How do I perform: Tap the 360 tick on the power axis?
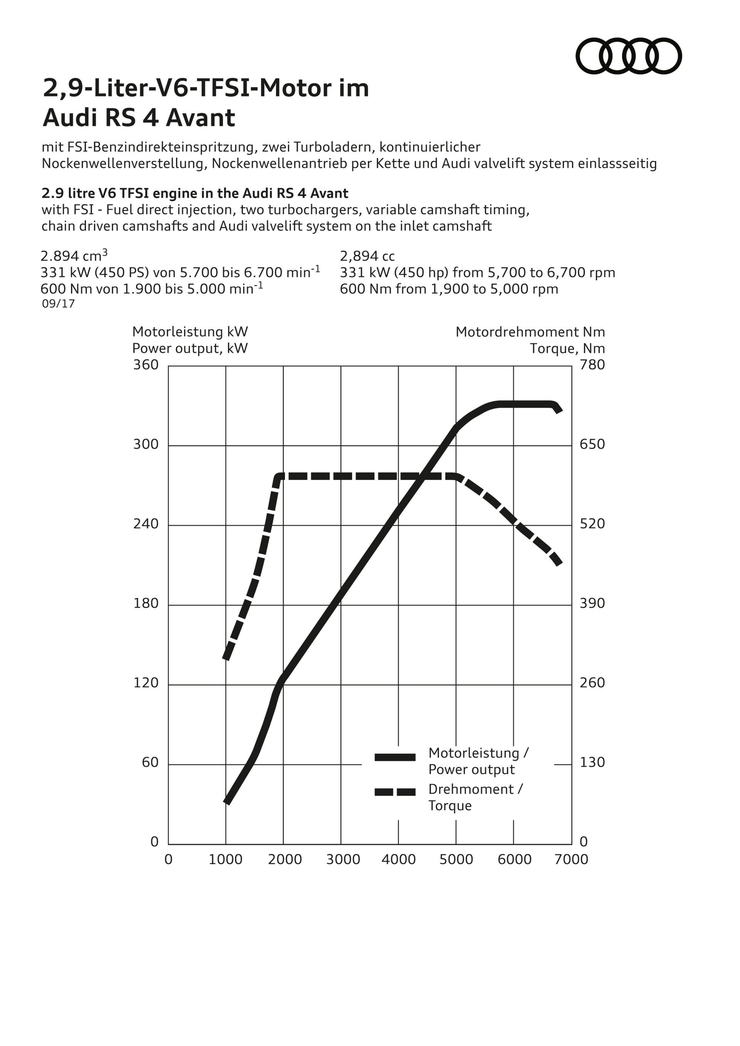point(146,365)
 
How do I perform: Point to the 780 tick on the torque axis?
point(592,365)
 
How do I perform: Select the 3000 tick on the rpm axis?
point(343,860)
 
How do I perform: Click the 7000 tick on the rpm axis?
point(572,860)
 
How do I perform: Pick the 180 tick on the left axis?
point(146,604)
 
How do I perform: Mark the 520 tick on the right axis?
point(592,524)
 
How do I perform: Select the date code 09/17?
point(58,304)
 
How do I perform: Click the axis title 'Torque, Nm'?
point(567,349)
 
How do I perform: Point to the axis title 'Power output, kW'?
point(190,349)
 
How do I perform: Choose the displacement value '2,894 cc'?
point(367,257)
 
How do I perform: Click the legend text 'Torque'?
point(450,806)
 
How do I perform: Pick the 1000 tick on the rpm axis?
point(225,860)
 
